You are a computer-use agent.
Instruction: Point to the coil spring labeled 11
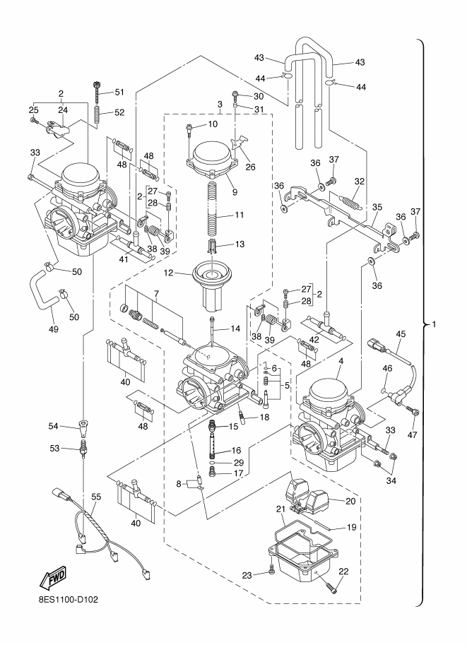(x=212, y=205)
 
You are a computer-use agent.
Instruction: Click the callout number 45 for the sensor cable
(x=401, y=334)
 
